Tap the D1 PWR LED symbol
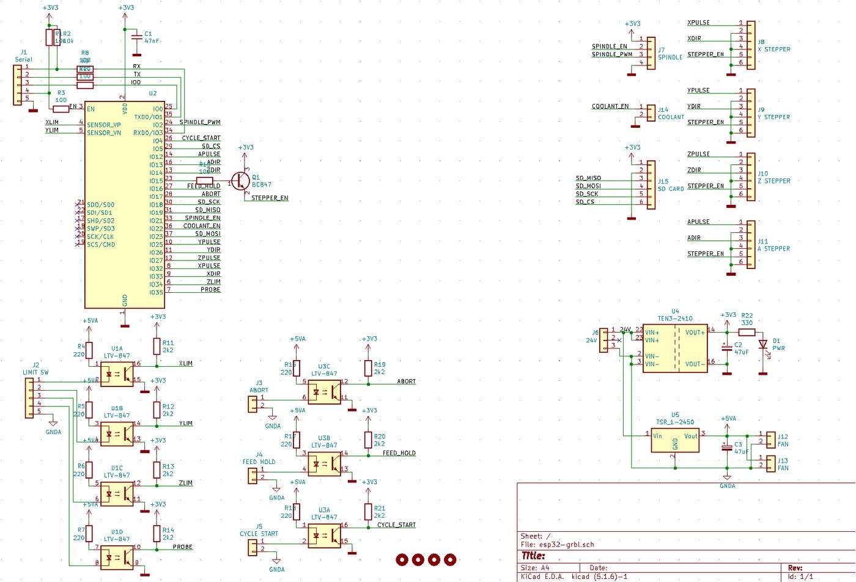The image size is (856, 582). click(762, 344)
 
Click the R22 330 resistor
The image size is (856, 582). click(747, 333)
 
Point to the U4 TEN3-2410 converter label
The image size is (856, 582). click(675, 319)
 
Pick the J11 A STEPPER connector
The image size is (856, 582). click(750, 245)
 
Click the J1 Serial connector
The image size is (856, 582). click(18, 84)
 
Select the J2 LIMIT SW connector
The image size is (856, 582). click(29, 397)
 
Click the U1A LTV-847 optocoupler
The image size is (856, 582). click(117, 374)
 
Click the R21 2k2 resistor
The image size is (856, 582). click(368, 511)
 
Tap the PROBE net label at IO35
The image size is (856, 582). click(210, 290)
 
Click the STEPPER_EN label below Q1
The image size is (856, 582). click(270, 198)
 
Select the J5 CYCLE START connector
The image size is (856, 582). click(253, 548)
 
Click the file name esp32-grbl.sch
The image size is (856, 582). click(566, 544)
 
